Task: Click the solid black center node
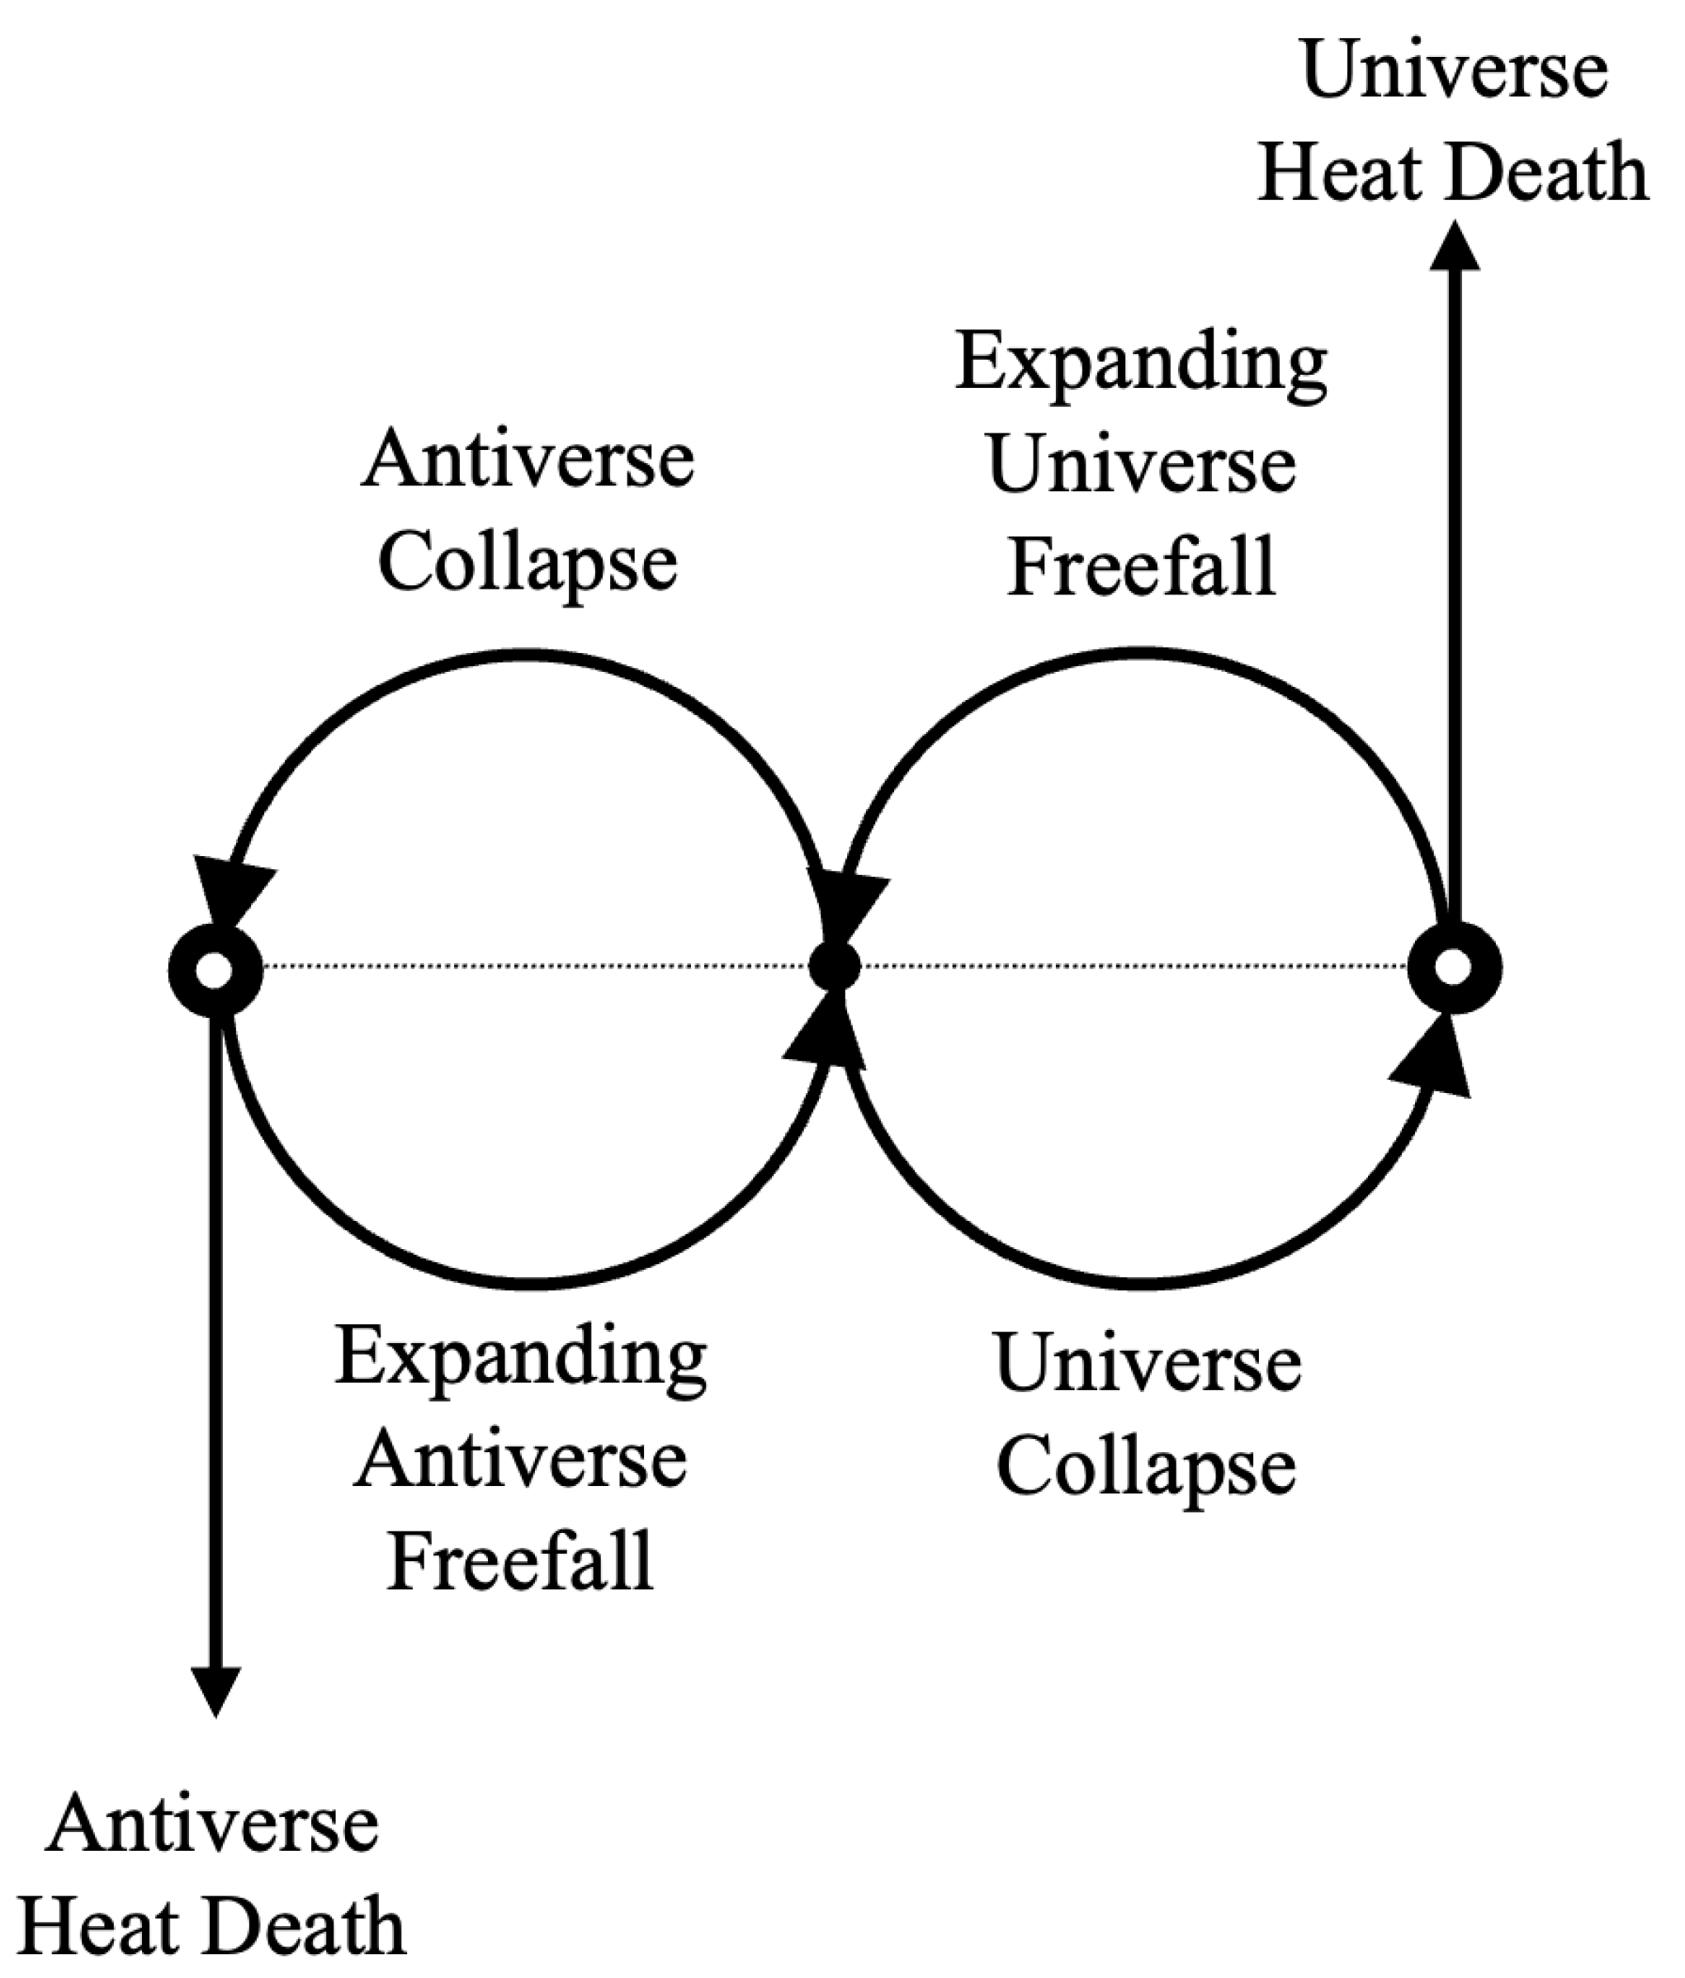(x=835, y=967)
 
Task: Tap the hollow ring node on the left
(x=215, y=970)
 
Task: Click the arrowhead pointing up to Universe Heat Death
(x=1454, y=246)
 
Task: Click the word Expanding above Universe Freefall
(x=1141, y=364)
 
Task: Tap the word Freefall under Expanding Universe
(x=1142, y=567)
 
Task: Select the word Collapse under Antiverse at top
(x=527, y=562)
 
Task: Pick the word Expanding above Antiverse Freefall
(x=520, y=1360)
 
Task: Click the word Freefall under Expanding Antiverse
(x=520, y=1562)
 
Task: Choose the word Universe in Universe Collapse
(x=1147, y=1362)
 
